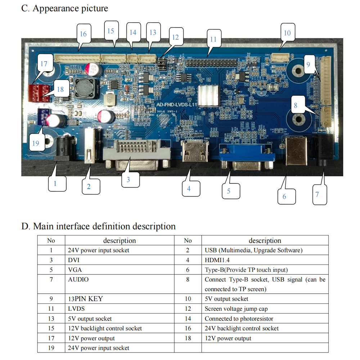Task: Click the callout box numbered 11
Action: tap(213, 39)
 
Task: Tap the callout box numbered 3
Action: tap(128, 179)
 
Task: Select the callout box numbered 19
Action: tap(35, 143)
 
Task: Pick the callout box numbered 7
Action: tap(317, 194)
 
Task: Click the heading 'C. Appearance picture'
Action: tap(65, 8)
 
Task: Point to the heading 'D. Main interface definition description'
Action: tap(99, 226)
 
